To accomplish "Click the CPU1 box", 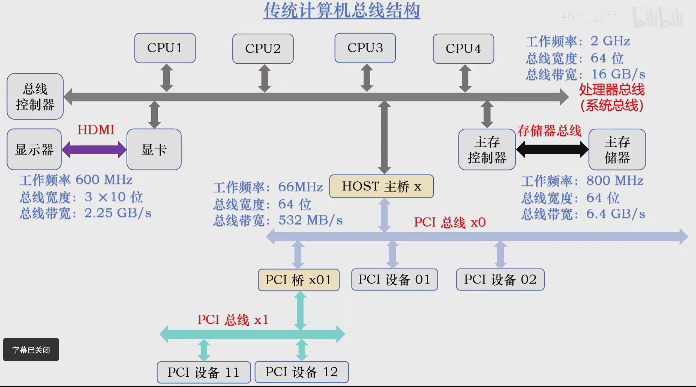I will click(x=165, y=48).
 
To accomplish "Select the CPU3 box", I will click(x=365, y=48).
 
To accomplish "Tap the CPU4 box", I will click(x=463, y=49).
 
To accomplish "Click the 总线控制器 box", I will click(x=35, y=96).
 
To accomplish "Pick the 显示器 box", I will click(x=34, y=149).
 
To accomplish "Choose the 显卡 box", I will click(x=154, y=149).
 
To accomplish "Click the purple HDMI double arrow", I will click(x=94, y=150).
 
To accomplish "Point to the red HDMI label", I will click(x=96, y=130).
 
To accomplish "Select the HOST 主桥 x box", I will click(x=381, y=186).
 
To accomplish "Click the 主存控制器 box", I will click(x=487, y=150).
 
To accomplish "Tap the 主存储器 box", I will click(x=617, y=150).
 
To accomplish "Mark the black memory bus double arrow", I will click(x=552, y=149).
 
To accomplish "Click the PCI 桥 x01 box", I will click(x=299, y=280).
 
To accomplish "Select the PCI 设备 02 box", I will click(x=500, y=279).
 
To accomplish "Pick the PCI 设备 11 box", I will click(x=204, y=372).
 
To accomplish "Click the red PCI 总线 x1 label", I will click(x=233, y=320).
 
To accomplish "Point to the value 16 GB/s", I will click(x=618, y=74).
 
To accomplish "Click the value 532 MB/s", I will click(x=310, y=220).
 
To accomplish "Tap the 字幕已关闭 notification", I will click(x=31, y=350).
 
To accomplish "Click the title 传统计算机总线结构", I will click(x=341, y=11).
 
